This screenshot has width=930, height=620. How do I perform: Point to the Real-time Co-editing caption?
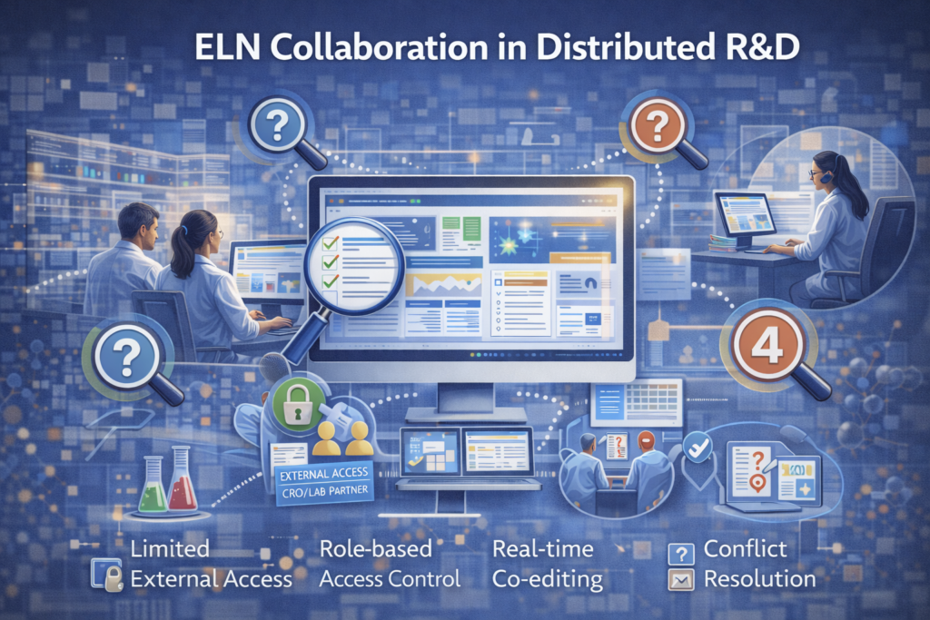(542, 564)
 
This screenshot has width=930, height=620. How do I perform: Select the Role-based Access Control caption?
(390, 564)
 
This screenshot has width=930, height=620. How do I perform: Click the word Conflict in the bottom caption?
(745, 549)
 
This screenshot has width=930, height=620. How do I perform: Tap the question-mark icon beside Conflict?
(680, 551)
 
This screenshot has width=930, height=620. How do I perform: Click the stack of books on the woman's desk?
(722, 242)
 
